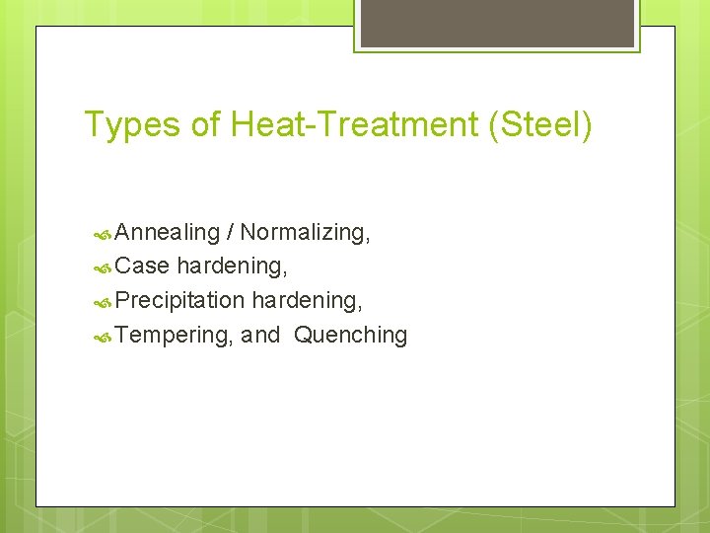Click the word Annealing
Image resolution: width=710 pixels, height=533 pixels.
coord(167,233)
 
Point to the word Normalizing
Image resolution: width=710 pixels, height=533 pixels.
coord(303,232)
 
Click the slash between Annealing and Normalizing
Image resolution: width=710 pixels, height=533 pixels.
coord(230,232)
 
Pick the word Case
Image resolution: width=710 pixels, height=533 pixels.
coord(142,266)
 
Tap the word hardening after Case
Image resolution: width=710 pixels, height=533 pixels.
coord(231,266)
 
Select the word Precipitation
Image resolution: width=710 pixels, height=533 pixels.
coord(179,300)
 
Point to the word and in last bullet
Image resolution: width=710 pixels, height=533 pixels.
coord(260,336)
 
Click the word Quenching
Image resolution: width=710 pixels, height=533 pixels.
coord(351,336)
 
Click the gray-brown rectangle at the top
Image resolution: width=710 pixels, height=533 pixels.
coord(496,22)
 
